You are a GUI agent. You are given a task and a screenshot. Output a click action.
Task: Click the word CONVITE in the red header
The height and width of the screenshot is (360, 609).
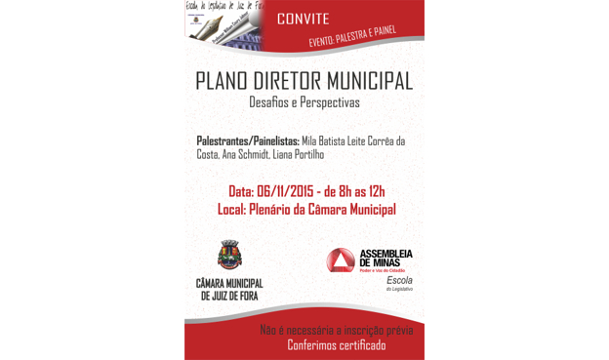[303, 19]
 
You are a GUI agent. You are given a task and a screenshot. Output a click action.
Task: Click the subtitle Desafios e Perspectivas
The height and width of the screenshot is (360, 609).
[304, 101]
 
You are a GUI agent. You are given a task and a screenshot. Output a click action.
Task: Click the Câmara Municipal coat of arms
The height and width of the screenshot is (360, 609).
[229, 256]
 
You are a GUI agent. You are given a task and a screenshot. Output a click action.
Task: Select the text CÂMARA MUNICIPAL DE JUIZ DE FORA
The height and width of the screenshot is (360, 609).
[229, 290]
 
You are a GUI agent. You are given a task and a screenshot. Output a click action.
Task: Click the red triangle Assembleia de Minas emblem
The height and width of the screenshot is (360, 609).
[341, 261]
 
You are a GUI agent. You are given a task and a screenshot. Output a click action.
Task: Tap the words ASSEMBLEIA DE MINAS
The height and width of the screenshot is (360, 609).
[386, 258]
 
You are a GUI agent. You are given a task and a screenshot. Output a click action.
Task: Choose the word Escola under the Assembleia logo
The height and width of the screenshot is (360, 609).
[399, 280]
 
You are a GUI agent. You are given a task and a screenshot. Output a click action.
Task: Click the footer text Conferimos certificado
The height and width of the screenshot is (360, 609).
[336, 344]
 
